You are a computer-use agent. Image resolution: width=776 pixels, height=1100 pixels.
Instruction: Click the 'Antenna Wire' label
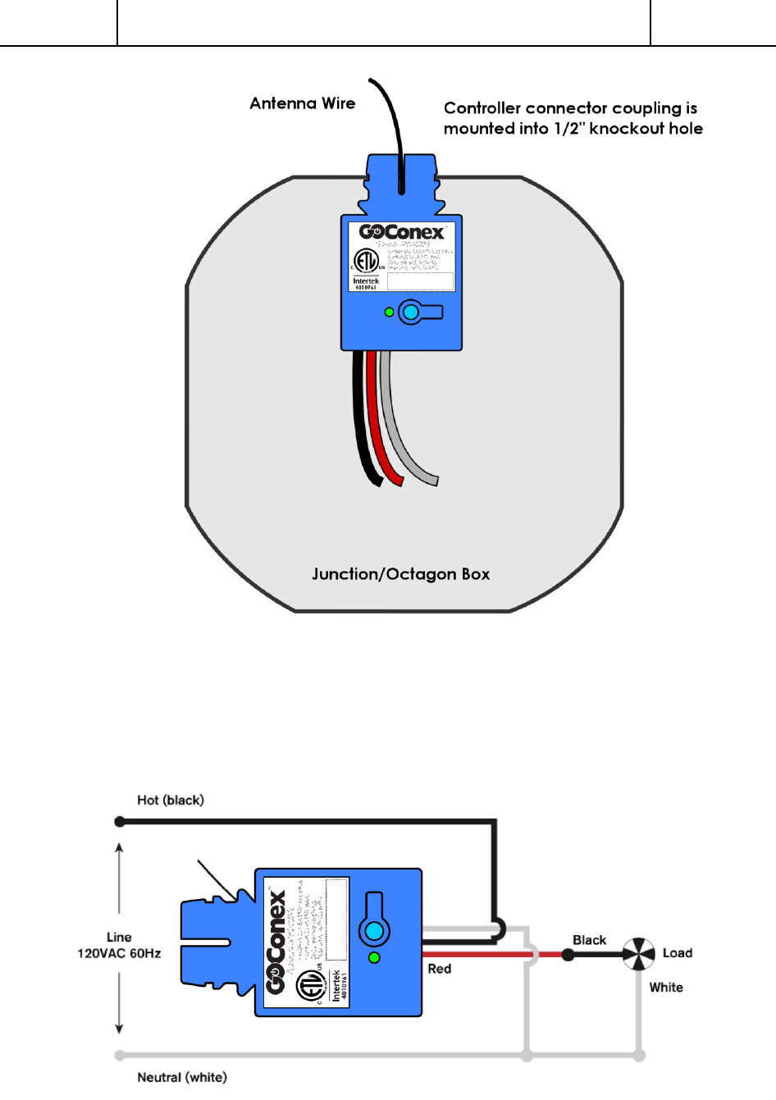pos(302,103)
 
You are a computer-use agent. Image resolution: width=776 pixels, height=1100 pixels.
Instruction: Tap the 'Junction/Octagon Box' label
pos(400,574)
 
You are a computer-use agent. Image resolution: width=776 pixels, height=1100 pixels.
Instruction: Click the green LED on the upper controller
pos(390,313)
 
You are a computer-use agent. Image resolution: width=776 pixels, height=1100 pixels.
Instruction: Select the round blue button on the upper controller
pos(410,313)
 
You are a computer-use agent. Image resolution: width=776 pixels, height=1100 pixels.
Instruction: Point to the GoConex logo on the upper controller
pos(401,232)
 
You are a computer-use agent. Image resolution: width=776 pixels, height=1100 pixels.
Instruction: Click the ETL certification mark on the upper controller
pos(366,262)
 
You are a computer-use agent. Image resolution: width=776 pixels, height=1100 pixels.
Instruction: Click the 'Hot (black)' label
pos(171,800)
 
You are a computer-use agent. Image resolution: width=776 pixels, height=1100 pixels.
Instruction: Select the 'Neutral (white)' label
pos(182,1077)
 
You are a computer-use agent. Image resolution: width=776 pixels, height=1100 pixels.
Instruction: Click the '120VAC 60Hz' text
pos(119,953)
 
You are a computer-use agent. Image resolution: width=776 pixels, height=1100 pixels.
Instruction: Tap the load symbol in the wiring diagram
pos(638,954)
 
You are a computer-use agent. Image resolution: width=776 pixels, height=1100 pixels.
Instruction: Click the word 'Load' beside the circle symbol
pos(678,953)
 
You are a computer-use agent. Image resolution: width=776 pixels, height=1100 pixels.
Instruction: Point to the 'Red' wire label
pos(440,969)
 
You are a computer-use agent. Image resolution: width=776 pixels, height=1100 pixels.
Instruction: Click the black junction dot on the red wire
pos(568,954)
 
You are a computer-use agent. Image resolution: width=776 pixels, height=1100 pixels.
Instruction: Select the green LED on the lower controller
pos(375,957)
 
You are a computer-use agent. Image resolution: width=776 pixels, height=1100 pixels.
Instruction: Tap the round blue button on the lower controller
pos(374,932)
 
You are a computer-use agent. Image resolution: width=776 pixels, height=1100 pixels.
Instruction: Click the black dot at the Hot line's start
pos(120,821)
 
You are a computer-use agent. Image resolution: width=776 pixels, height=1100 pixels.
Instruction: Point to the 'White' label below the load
pos(666,988)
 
